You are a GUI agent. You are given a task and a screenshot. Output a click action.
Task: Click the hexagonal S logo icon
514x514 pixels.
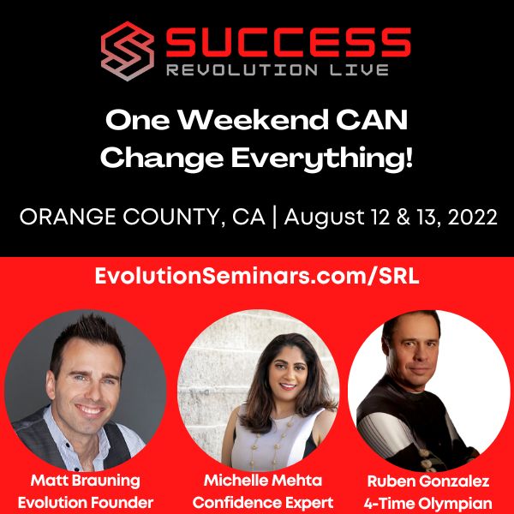(x=127, y=51)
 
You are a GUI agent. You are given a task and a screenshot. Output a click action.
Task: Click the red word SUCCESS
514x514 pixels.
(x=288, y=43)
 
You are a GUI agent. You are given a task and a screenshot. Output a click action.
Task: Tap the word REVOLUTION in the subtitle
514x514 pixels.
(x=242, y=70)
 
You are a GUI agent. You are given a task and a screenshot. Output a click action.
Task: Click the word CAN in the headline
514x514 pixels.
(x=372, y=120)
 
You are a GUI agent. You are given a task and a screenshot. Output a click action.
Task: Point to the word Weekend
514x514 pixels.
(x=254, y=120)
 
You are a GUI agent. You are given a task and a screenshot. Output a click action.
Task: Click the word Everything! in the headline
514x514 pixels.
(x=322, y=159)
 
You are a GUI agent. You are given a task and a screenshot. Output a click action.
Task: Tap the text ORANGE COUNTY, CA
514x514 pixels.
(x=142, y=217)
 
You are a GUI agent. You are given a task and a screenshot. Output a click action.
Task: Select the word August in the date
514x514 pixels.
(x=324, y=218)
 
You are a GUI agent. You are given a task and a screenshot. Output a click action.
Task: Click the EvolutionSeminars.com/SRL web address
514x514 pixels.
(x=257, y=276)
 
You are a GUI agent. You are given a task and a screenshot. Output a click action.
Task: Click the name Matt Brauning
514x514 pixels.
(x=86, y=481)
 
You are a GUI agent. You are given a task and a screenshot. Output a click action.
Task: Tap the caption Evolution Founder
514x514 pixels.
(x=86, y=503)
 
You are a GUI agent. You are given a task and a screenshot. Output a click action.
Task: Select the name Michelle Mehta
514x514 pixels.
(x=263, y=481)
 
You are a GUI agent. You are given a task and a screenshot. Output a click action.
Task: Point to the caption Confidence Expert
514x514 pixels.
(x=263, y=503)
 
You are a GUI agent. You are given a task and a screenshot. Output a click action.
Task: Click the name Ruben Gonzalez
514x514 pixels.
(x=428, y=481)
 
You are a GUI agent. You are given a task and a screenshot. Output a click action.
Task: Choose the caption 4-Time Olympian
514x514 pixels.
(x=428, y=504)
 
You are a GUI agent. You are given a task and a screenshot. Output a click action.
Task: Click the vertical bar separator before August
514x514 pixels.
(x=275, y=217)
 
